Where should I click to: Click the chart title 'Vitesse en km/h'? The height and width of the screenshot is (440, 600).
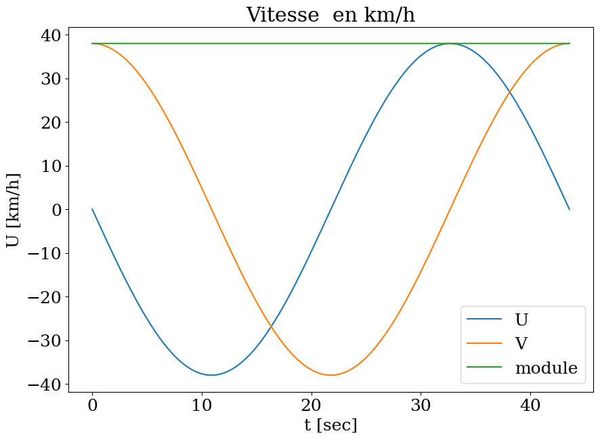[330, 15]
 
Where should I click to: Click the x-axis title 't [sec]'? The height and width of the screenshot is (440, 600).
[330, 425]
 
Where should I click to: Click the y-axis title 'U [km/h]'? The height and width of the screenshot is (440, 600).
[13, 210]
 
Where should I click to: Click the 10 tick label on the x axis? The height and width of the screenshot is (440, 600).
[202, 405]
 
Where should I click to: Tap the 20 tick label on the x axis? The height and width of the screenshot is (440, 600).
[312, 405]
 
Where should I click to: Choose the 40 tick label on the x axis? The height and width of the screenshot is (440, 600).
[530, 405]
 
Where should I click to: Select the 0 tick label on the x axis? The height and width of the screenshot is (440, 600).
[93, 405]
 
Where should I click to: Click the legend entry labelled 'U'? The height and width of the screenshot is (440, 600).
[521, 320]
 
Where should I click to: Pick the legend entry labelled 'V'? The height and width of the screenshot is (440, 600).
[521, 344]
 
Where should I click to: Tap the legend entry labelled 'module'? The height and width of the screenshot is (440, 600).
[546, 368]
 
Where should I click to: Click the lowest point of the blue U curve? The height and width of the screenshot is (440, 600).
[212, 375]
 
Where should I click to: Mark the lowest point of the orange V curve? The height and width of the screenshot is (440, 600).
[330, 375]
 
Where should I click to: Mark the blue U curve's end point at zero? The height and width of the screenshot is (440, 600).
[570, 209]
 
